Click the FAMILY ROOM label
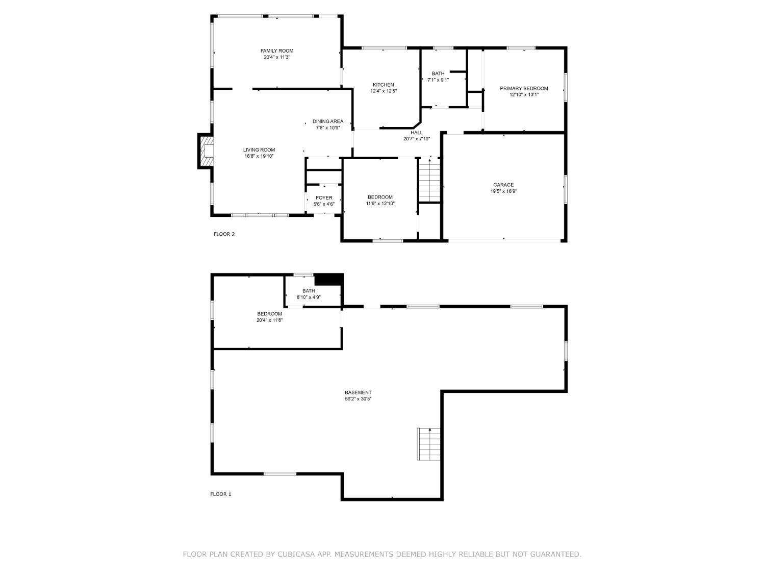tap(277, 51)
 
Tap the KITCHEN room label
tap(384, 85)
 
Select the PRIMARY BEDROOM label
tap(524, 88)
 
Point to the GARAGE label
tap(503, 185)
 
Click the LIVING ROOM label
tap(259, 150)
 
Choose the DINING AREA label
tap(327, 121)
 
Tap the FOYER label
tap(324, 198)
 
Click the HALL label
tap(417, 133)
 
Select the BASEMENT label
tap(358, 392)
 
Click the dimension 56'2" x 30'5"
tap(358, 399)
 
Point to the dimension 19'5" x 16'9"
tap(503, 191)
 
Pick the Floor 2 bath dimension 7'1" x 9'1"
tap(438, 80)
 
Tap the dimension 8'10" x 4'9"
tap(309, 297)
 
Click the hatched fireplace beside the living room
tap(205, 151)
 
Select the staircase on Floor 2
tap(429, 180)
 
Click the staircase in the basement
tap(429, 444)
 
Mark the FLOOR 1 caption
tap(221, 494)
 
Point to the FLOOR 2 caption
tap(224, 234)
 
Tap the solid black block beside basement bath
tap(328, 280)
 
